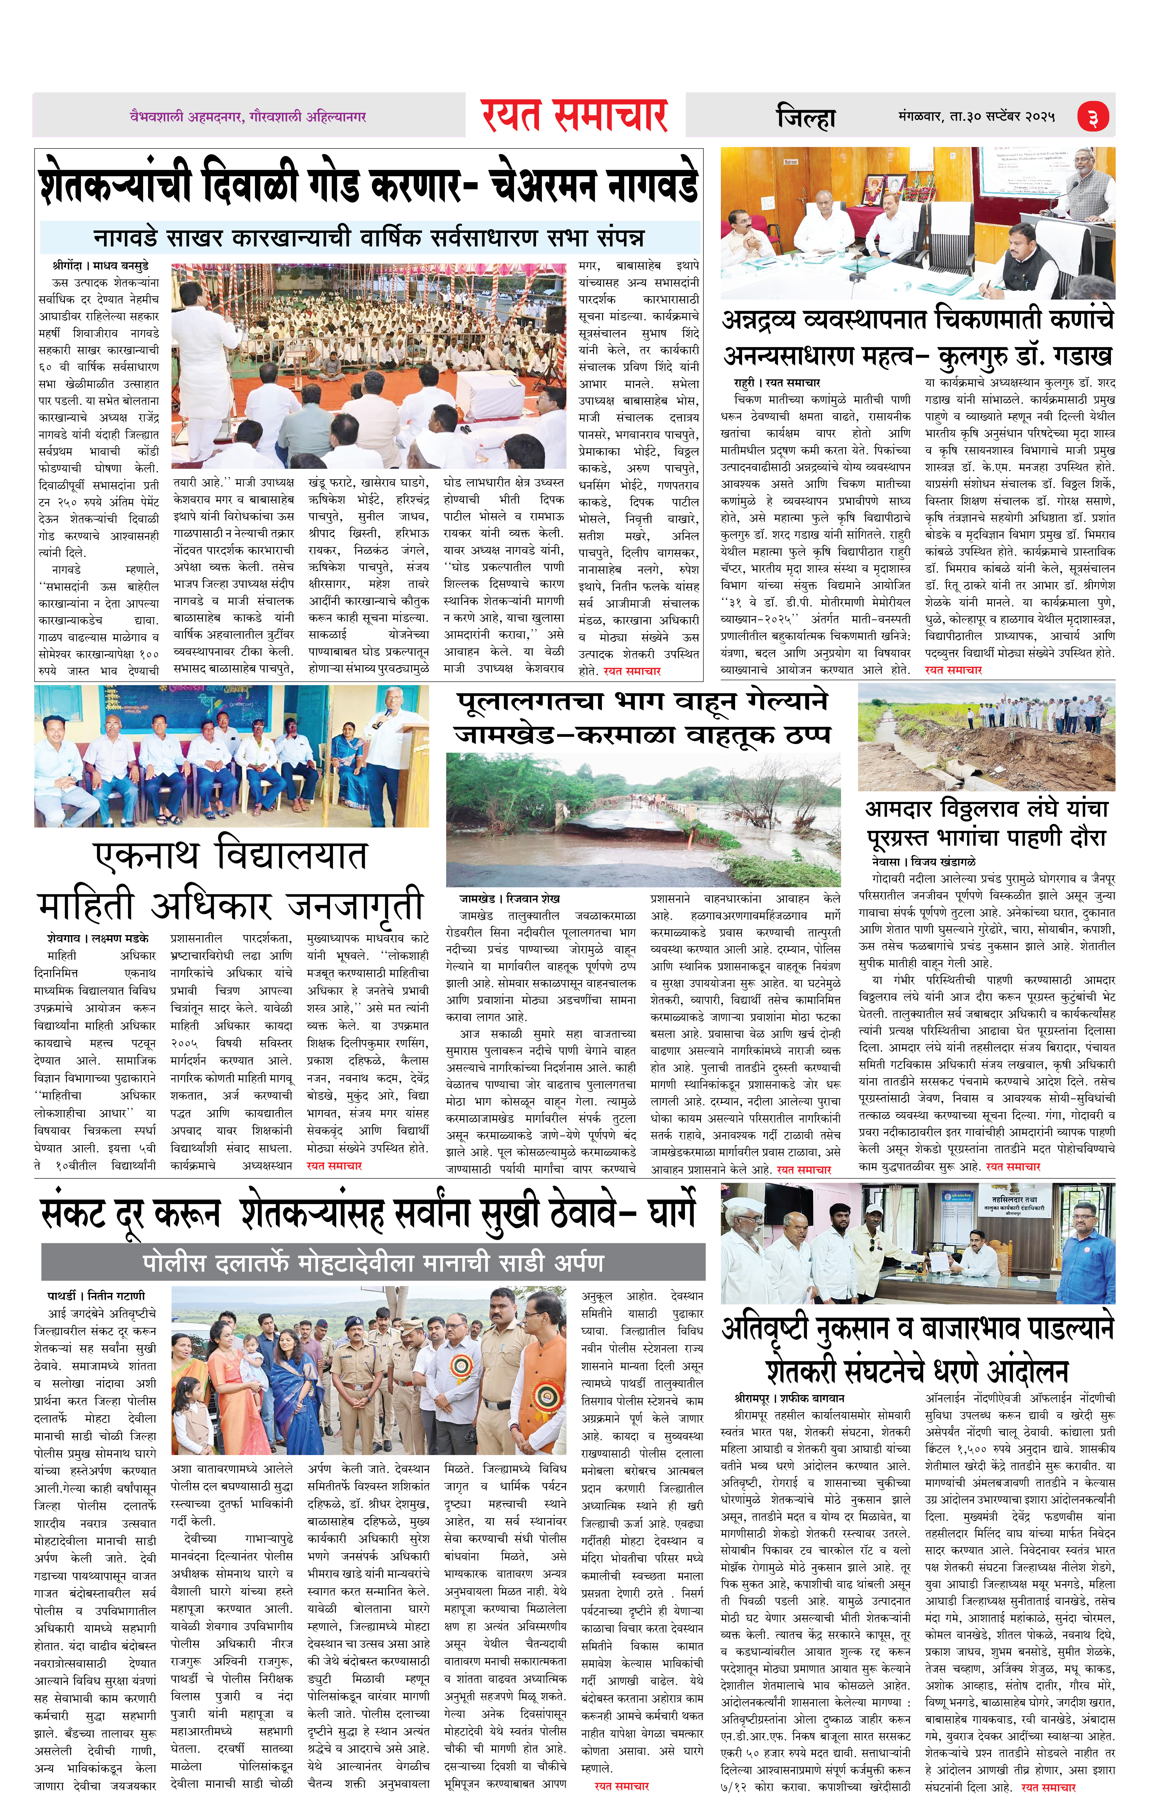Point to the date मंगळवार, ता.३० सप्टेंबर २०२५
click(976, 117)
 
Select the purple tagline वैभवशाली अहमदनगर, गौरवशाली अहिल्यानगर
click(248, 117)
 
